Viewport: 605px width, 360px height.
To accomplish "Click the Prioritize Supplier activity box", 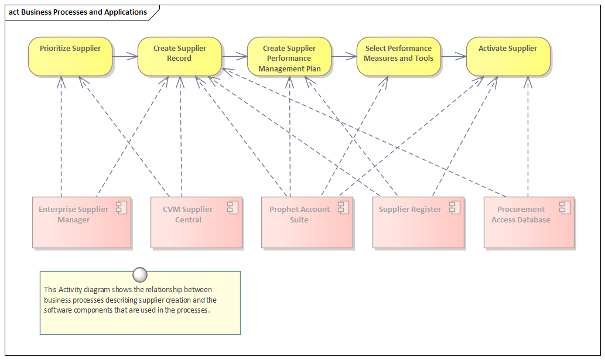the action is tap(70, 56).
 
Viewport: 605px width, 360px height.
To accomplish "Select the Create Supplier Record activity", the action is tap(180, 56).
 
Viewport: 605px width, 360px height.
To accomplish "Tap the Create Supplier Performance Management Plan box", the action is tap(289, 56).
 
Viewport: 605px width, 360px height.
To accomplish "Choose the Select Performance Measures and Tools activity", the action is tap(399, 56).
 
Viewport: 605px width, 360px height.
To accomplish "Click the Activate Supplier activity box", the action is tap(508, 56).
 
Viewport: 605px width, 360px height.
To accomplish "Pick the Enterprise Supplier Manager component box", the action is tap(82, 222).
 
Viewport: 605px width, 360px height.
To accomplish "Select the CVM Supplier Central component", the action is tap(196, 222).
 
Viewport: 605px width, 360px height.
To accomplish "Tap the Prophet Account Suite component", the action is tap(307, 222).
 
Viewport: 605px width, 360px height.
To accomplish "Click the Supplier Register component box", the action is tap(418, 222).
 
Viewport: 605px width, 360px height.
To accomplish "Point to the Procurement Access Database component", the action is tap(529, 222).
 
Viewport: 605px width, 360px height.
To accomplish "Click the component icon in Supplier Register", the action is tap(454, 208).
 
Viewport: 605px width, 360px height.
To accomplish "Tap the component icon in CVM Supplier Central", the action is tap(233, 208).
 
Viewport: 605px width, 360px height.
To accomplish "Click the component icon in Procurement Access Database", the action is tap(565, 208).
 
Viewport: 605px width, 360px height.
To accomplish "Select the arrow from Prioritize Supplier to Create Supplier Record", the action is tap(125, 57).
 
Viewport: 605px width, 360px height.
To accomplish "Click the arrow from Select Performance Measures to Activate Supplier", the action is tap(453, 57).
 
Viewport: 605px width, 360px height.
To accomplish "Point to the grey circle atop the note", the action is tap(139, 275).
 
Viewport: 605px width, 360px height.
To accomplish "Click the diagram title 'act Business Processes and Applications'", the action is tap(78, 12).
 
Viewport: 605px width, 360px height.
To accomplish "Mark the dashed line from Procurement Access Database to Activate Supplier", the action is tap(528, 136).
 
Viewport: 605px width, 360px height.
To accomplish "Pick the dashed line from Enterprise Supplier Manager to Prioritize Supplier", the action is tap(61, 136).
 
